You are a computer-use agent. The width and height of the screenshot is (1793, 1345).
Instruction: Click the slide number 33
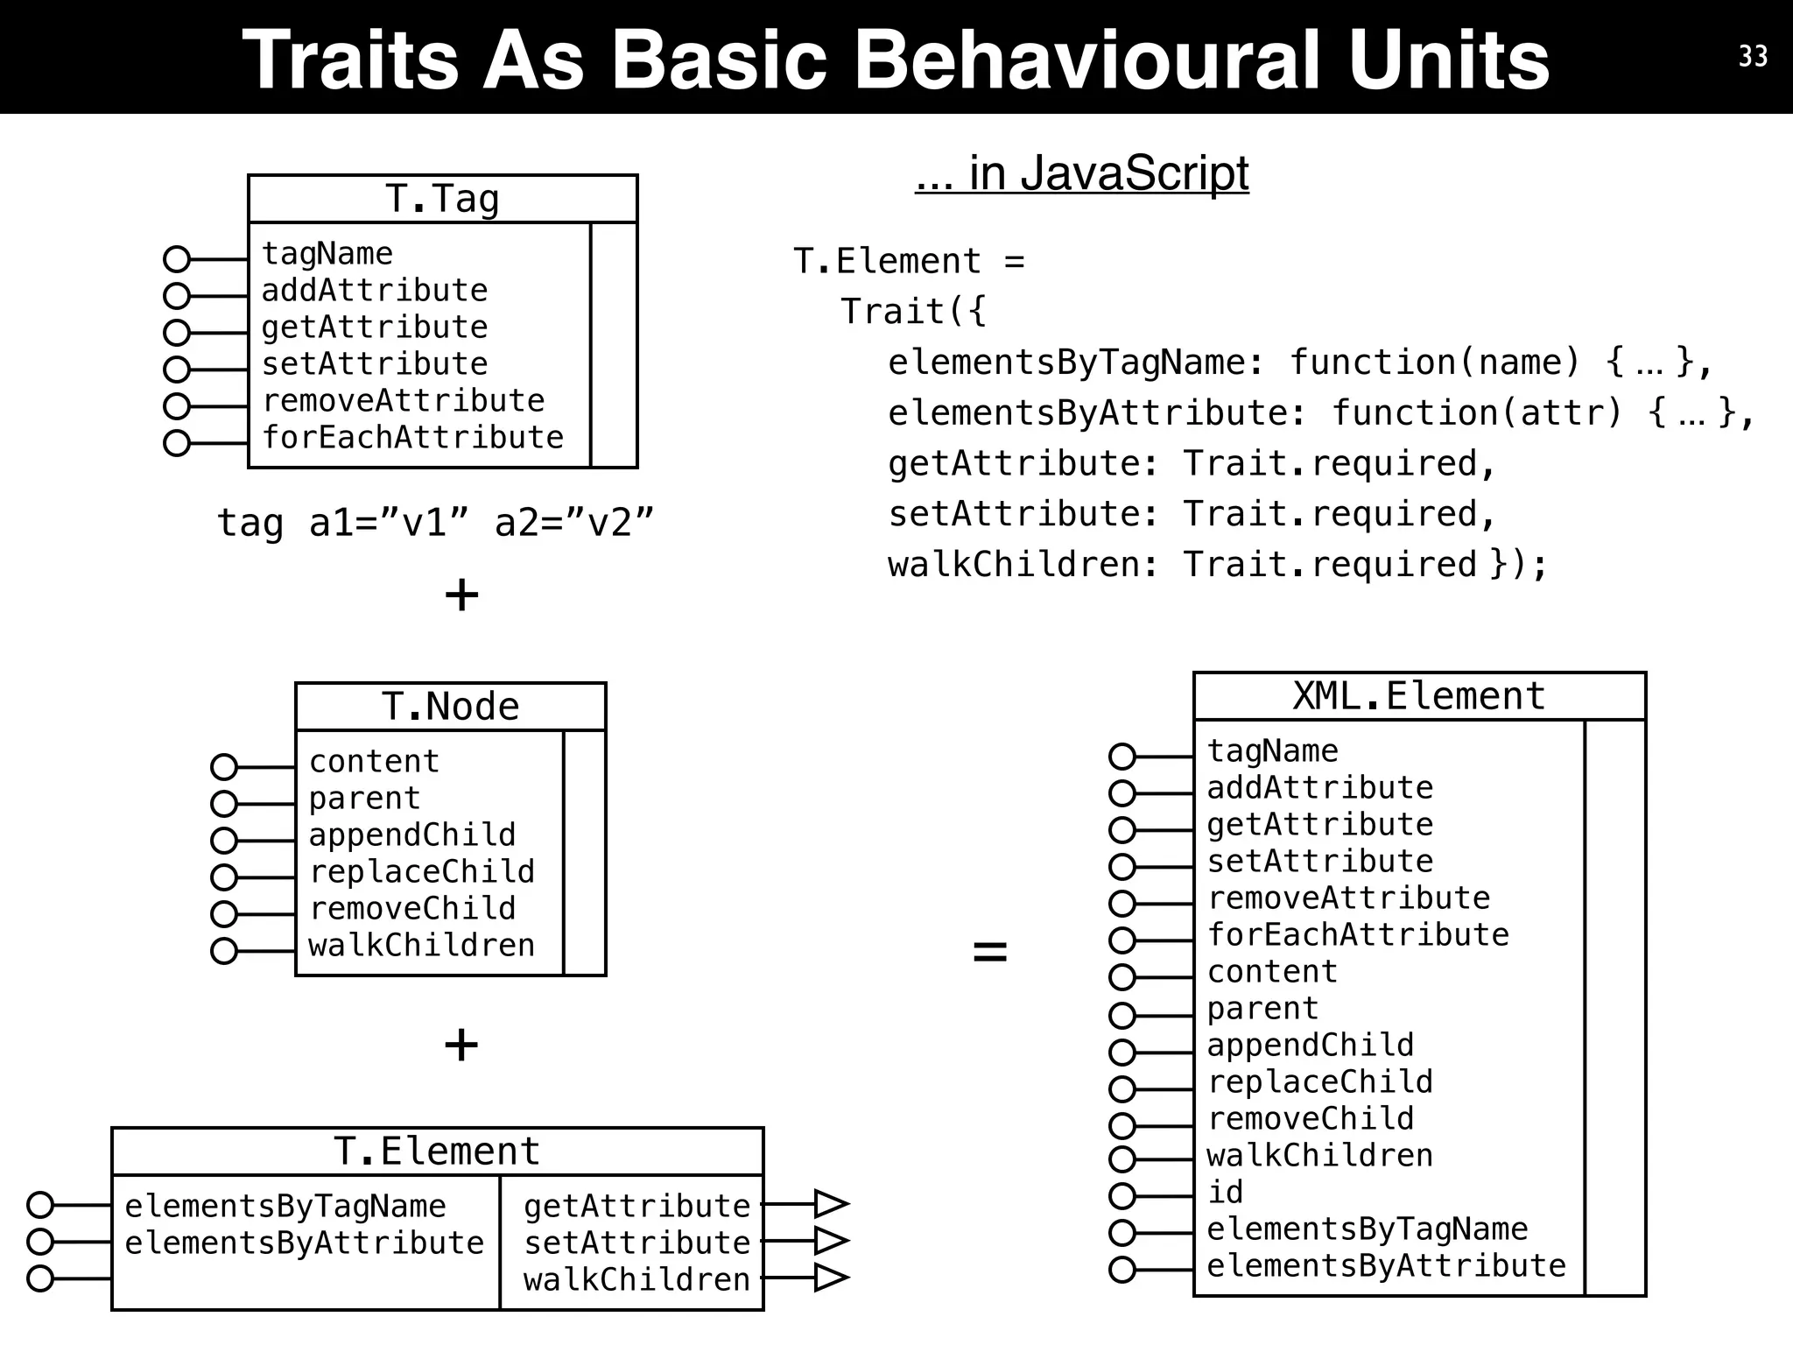coord(1753,56)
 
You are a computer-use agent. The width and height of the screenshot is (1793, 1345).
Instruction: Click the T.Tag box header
coord(442,199)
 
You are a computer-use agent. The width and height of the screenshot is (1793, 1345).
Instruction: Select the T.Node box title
coord(450,706)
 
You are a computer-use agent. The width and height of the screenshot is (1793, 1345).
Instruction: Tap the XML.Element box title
coord(1418,696)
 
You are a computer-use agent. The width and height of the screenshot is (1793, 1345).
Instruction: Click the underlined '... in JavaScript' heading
coord(1081,173)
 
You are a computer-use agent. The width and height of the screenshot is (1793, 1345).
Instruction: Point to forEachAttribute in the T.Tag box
coord(412,437)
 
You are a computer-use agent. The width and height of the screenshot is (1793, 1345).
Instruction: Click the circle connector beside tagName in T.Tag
coord(177,259)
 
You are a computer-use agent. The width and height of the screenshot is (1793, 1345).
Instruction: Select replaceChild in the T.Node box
coord(421,871)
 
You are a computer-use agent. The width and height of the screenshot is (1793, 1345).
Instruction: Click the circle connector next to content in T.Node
coord(224,767)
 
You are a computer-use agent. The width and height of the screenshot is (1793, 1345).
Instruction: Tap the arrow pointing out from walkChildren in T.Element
coord(829,1278)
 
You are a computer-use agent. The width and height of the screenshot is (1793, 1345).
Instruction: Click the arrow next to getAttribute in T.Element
coord(829,1204)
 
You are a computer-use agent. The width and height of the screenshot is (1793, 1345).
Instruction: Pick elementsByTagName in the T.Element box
coord(285,1206)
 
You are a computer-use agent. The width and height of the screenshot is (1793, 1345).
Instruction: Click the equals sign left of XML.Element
coord(990,951)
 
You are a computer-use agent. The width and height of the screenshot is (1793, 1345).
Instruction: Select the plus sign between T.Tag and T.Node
coord(461,595)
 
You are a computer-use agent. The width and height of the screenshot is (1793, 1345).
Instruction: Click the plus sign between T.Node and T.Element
coord(461,1045)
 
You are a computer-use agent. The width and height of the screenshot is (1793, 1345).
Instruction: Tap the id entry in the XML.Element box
coord(1225,1192)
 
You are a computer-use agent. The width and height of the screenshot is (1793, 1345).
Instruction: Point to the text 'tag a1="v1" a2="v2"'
coord(435,523)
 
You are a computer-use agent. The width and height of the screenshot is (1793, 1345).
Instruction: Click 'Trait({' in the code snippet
coord(913,312)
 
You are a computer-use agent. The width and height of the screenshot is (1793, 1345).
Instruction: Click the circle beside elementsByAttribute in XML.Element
coord(1122,1270)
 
